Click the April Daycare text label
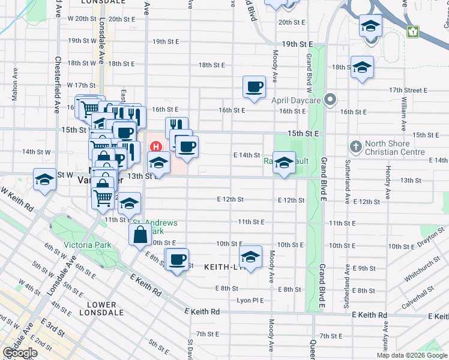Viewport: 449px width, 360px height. pos(297,100)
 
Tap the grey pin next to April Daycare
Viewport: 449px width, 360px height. pos(330,99)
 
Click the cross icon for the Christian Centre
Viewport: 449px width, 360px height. pos(355,146)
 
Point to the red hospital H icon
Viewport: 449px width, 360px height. pos(157,146)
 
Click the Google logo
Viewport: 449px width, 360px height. pos(20,353)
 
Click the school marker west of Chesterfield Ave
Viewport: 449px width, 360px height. pos(44,181)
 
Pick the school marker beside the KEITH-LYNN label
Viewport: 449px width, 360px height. pos(250,257)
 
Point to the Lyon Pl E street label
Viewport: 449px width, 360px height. pos(250,300)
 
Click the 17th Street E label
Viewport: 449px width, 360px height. pos(408,90)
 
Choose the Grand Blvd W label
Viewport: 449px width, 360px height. pos(309,68)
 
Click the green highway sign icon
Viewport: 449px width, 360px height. pos(412,31)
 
